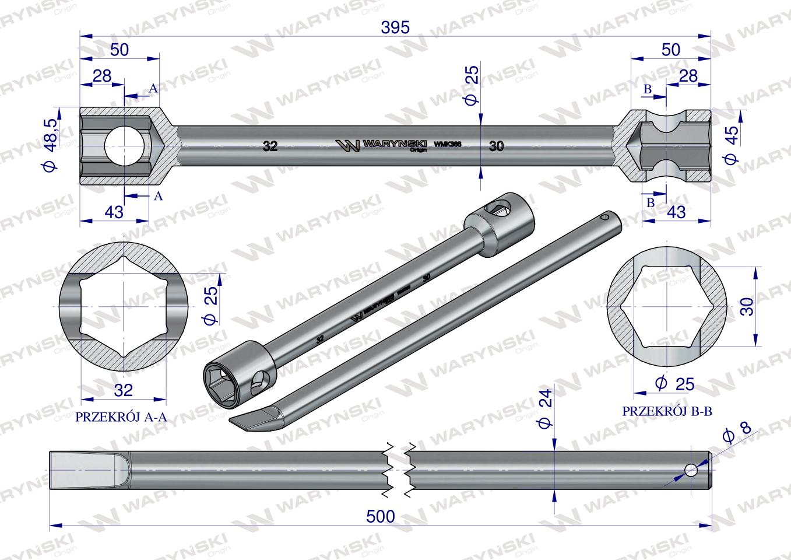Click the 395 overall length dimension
point(396,27)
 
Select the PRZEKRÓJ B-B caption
point(667,411)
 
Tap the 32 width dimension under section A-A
point(124,390)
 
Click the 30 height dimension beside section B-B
point(748,306)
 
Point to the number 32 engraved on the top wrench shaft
point(270,146)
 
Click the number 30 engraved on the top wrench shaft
point(496,146)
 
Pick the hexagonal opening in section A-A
point(124,306)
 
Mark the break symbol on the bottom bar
point(398,470)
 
